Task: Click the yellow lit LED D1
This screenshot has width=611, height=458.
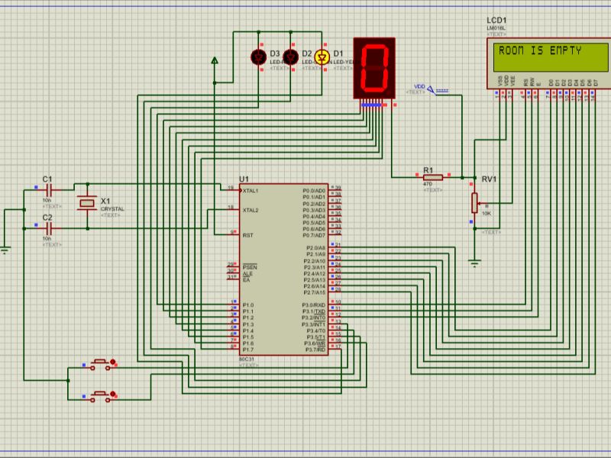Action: tap(322, 56)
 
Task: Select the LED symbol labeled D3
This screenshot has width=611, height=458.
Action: tap(258, 56)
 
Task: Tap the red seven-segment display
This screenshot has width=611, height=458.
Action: tap(375, 68)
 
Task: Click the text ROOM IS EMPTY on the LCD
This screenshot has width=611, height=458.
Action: tap(539, 52)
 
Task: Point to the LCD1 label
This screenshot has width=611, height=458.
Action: tap(496, 20)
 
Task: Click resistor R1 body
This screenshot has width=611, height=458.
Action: tap(432, 177)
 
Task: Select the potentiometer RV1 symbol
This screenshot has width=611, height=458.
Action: tap(475, 203)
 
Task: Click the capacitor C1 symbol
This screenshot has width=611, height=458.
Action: tap(48, 188)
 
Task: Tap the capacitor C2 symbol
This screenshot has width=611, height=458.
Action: tap(48, 227)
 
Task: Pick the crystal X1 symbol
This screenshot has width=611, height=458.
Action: tap(86, 204)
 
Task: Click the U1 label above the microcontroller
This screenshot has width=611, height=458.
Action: tap(244, 179)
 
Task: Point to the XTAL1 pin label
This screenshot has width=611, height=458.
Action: tap(251, 190)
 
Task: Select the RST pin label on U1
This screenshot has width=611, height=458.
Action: tap(248, 235)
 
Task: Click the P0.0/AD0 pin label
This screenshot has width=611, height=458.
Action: tap(314, 190)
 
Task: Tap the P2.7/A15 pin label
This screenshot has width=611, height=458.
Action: tap(314, 292)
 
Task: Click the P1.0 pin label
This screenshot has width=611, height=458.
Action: tap(247, 305)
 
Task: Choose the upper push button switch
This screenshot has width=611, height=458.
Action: tap(100, 364)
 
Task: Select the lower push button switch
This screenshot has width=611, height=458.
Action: tap(100, 395)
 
